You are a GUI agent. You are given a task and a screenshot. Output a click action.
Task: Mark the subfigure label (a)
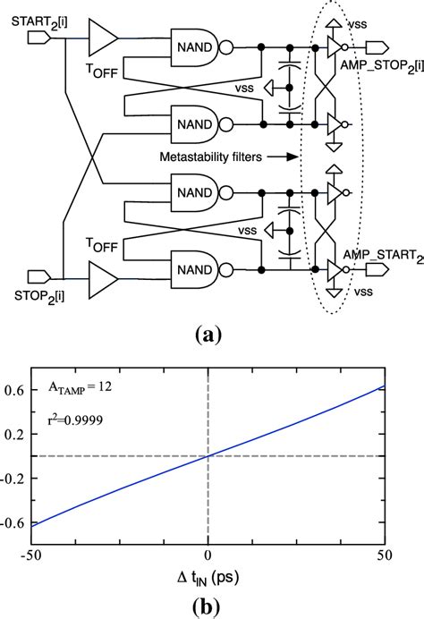[x=208, y=335]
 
